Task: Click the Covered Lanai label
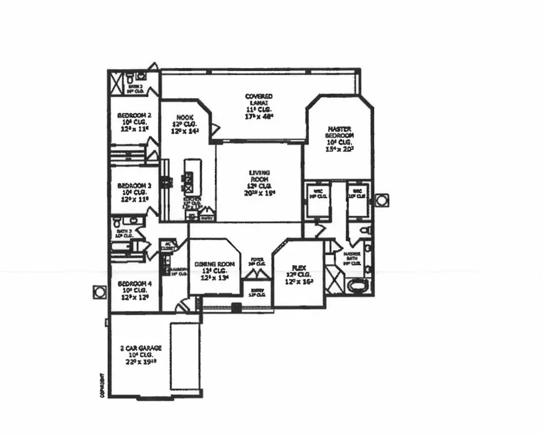(x=259, y=107)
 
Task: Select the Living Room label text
(x=259, y=183)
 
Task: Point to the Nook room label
(x=184, y=124)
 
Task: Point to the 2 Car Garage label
(x=137, y=355)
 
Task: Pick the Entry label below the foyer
(x=258, y=292)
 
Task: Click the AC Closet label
(x=167, y=246)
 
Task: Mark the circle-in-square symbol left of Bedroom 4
(x=99, y=292)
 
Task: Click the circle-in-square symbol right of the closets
(x=381, y=200)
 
